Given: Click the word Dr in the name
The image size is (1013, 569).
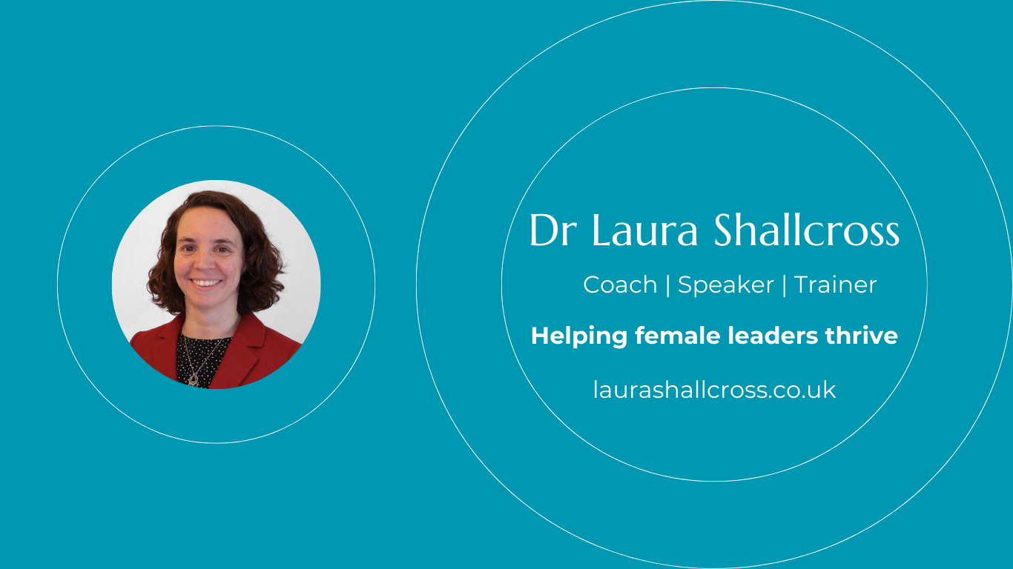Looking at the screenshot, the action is coord(552,230).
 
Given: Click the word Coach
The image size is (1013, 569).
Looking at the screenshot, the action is coord(620,284).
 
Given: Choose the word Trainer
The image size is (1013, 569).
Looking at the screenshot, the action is coord(835,284).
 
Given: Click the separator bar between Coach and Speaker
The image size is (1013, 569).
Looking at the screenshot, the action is coord(668,286).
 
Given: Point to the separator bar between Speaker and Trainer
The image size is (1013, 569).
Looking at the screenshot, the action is coord(784,286).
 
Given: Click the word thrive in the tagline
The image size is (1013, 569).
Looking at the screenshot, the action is coord(862,336).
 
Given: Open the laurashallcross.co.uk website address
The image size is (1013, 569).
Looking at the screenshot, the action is coord(715,390).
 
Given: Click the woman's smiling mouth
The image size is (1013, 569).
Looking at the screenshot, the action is coord(206,283).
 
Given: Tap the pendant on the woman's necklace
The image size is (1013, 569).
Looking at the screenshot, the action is coord(194,379).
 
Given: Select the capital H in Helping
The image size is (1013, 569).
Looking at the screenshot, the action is coord(541,336).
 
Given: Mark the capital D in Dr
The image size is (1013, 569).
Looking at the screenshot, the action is coord(545,230).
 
